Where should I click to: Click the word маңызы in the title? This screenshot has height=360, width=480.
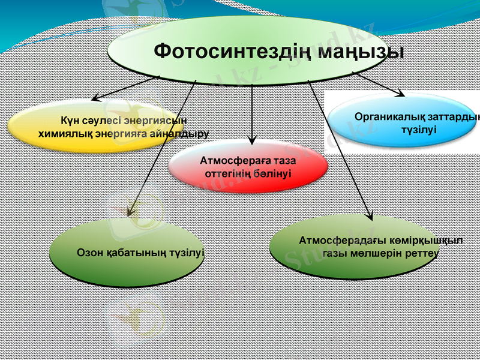(x=360, y=52)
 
